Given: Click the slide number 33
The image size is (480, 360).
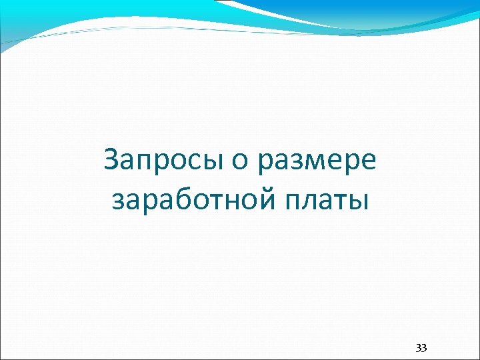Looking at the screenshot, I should (x=421, y=348).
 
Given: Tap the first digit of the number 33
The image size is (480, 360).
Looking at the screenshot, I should (x=419, y=348).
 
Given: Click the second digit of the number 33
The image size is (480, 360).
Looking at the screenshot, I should (x=425, y=348).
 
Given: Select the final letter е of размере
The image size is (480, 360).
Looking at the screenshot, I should (x=369, y=163).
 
